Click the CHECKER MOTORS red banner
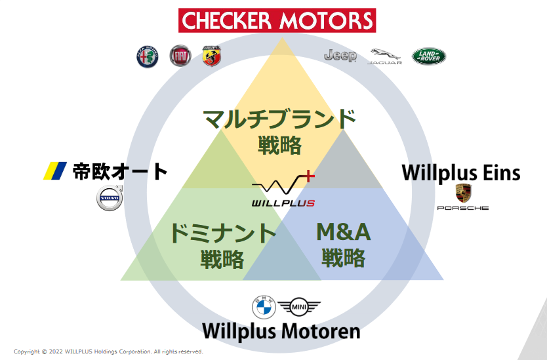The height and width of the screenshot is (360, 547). coord(277,20)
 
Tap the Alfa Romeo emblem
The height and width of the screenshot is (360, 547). coord(147,57)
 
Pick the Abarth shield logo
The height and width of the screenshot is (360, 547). coord(212,56)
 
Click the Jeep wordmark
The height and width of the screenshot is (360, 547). coord(340,56)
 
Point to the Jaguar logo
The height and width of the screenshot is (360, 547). coord(385,57)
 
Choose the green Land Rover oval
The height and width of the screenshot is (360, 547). coord(429,56)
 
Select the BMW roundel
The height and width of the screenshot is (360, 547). coord(264,307)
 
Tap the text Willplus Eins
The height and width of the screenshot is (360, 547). coord(461,173)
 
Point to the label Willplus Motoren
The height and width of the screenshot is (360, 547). coord(281,331)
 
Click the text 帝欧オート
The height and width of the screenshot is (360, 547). coord(120,172)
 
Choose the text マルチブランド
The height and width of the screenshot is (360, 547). coord(279,119)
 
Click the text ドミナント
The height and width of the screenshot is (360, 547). coord(222,233)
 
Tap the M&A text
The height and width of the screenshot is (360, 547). coord(343,232)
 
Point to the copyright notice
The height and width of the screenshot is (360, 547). coord(108,351)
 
